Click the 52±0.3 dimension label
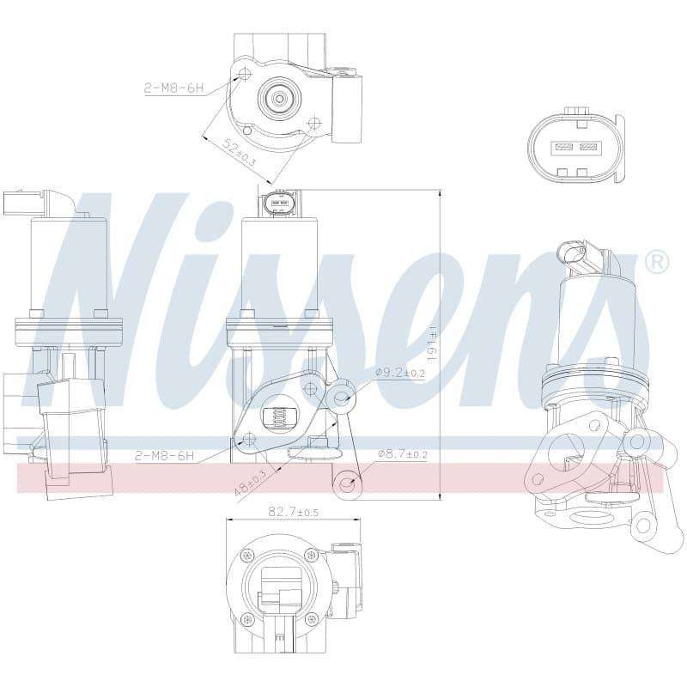point(240,153)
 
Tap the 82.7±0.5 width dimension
point(293,511)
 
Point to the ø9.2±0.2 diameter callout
point(400,373)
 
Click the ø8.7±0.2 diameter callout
point(402,455)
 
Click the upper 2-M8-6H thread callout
point(174,88)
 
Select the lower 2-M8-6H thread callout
point(164,456)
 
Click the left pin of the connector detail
point(562,146)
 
